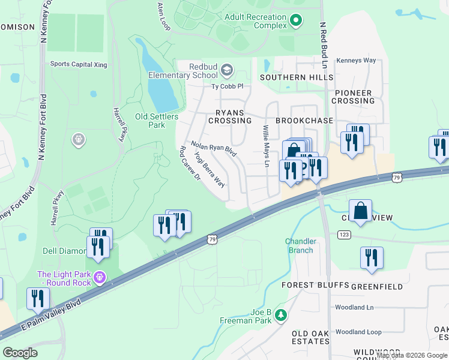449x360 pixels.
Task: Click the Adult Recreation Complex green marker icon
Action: tap(295, 22)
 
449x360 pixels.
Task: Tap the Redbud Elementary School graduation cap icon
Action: tap(226, 71)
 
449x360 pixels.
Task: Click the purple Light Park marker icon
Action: tap(99, 277)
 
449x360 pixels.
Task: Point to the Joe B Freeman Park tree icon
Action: tap(280, 316)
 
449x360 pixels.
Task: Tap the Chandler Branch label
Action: tap(299, 245)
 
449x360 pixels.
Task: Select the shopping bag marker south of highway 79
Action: tap(360, 211)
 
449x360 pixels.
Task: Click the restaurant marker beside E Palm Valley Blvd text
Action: tap(38, 298)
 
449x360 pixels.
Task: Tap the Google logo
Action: tap(20, 353)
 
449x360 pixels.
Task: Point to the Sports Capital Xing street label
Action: tap(78, 64)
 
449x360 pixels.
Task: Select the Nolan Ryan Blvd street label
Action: tap(214, 149)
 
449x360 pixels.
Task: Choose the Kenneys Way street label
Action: tap(356, 61)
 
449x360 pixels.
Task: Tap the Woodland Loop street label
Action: tap(358, 332)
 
